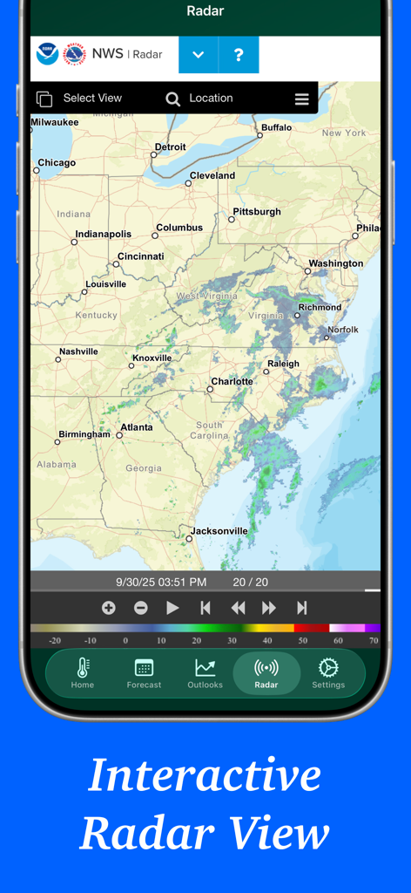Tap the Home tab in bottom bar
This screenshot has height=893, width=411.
tap(83, 673)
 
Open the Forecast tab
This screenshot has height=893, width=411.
tap(144, 673)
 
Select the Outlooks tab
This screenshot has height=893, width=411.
tap(205, 673)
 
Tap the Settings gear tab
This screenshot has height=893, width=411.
tap(328, 673)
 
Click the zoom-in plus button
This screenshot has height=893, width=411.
tap(109, 608)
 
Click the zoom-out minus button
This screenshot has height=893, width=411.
tap(141, 608)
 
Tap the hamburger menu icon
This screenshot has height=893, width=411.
tap(301, 99)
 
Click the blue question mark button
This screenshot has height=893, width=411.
tap(239, 55)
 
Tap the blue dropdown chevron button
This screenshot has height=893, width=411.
tap(199, 55)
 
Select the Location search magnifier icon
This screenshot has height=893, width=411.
tap(173, 99)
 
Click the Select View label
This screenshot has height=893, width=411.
tap(92, 99)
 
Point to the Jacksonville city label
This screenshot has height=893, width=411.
tap(219, 530)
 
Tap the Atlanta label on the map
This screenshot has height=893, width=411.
tap(136, 427)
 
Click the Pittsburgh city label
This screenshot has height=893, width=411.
tap(257, 212)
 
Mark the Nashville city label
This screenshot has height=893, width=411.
tap(78, 351)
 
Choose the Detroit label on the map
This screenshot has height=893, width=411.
tap(170, 147)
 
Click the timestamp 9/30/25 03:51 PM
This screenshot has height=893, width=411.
tap(161, 582)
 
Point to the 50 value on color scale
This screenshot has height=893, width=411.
tap(302, 640)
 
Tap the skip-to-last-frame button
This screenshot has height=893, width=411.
tap(302, 608)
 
